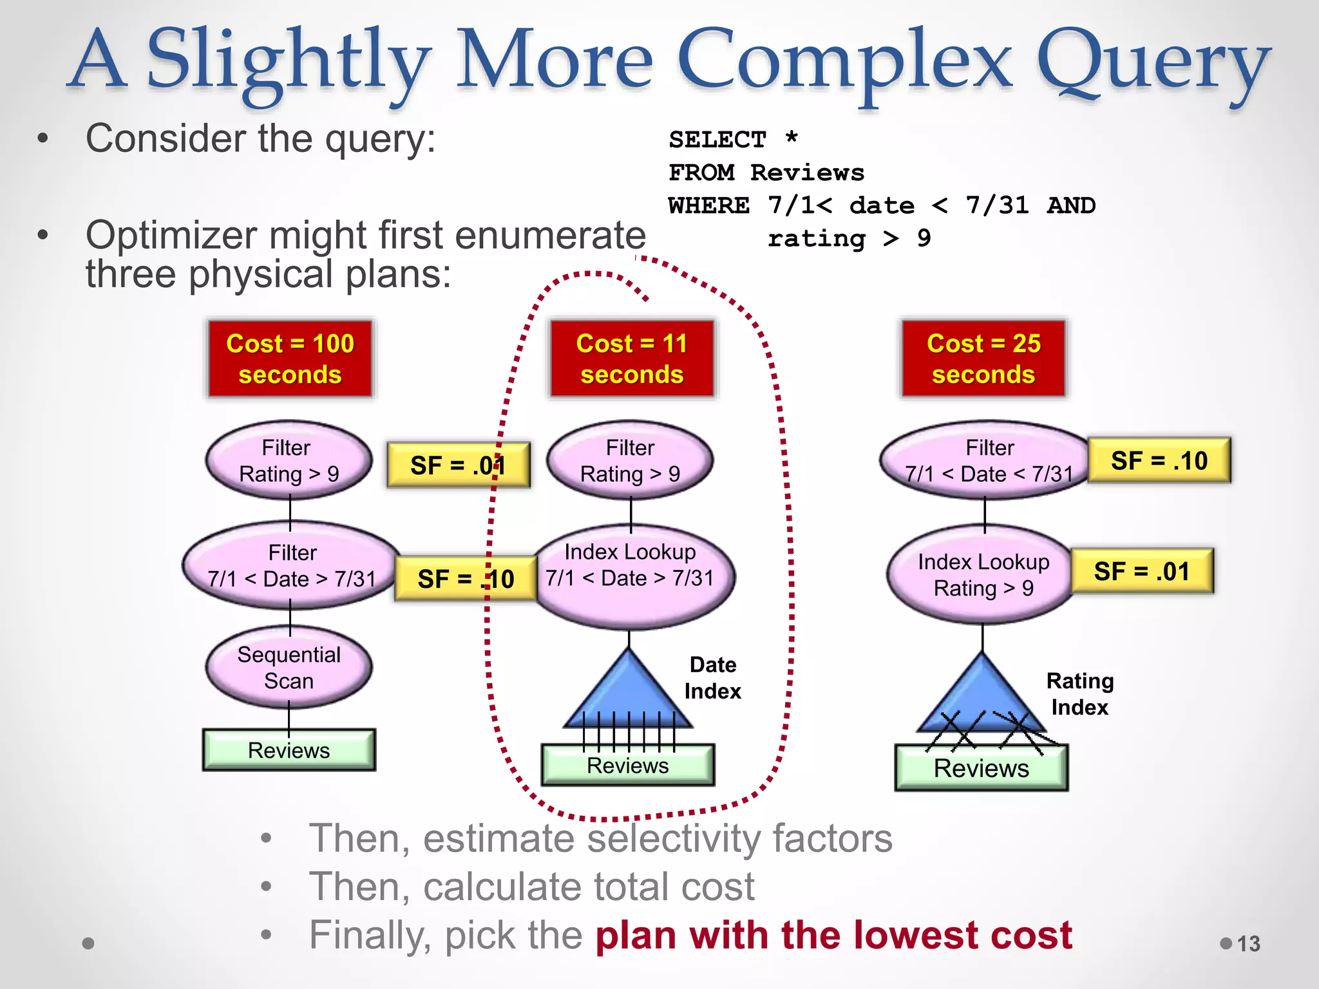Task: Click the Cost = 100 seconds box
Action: tap(290, 359)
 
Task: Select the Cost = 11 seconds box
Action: tap(631, 359)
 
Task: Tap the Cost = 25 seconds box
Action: tap(983, 359)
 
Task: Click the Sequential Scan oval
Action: tap(289, 668)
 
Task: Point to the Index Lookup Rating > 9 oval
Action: tap(982, 574)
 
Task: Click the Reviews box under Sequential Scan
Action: tap(289, 750)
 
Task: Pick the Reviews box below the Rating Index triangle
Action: tap(981, 769)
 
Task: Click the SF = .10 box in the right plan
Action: tap(1159, 461)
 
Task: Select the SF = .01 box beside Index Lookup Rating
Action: tap(1142, 571)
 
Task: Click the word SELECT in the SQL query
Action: tap(717, 140)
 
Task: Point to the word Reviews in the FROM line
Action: tap(807, 173)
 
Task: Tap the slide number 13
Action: tap(1248, 943)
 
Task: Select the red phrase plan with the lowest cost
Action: tap(833, 935)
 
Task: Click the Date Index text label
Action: tap(712, 678)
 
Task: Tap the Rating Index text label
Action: tap(1079, 694)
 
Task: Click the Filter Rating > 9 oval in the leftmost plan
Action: tap(289, 461)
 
